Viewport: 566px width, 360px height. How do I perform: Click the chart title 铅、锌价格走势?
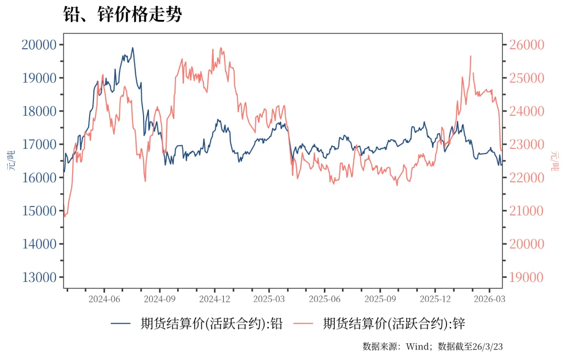pos(123,14)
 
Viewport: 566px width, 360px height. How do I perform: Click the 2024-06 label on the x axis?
pos(104,299)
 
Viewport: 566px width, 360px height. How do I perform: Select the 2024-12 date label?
pos(215,299)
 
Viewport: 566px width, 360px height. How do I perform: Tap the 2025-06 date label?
pos(325,299)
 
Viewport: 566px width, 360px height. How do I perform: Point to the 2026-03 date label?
pos(489,299)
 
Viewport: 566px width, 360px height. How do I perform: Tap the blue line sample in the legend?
pos(121,324)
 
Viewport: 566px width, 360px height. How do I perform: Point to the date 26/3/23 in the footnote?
pos(487,346)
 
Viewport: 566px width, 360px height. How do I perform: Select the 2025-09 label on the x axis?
pos(380,299)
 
